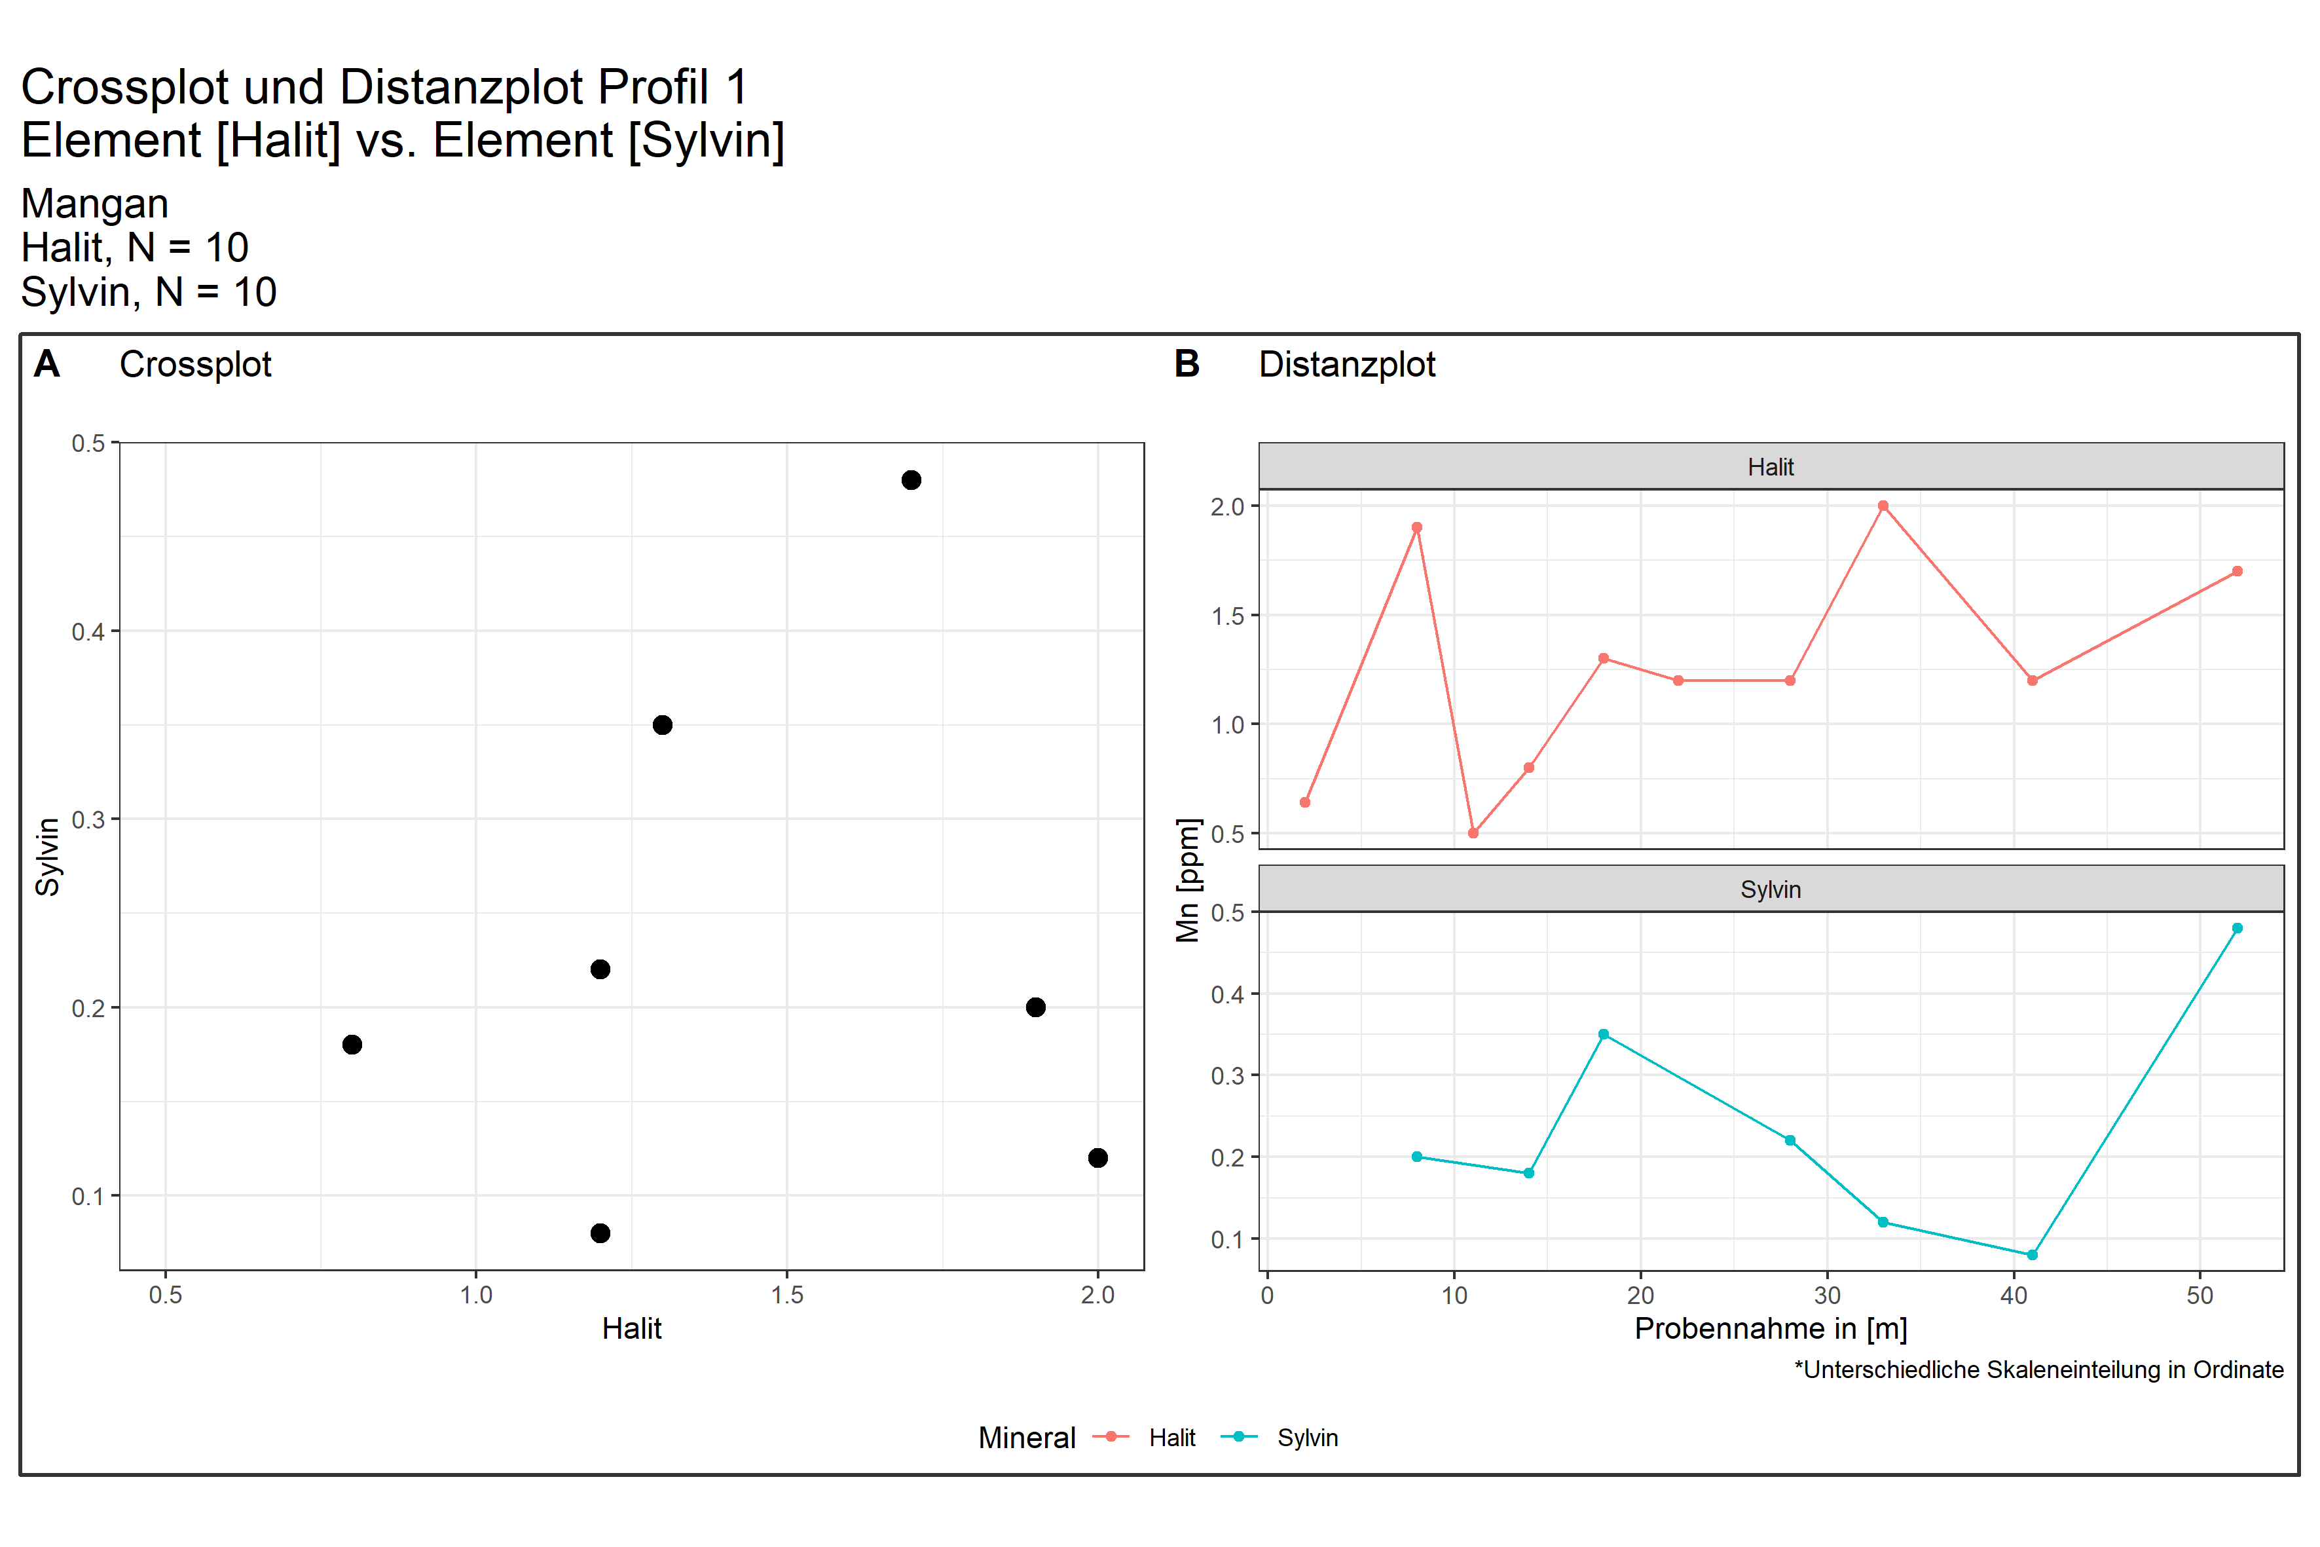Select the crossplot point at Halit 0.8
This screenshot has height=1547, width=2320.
pyautogui.click(x=352, y=1045)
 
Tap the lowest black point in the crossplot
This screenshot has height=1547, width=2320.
pyautogui.click(x=600, y=1233)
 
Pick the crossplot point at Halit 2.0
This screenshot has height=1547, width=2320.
pyautogui.click(x=1098, y=1158)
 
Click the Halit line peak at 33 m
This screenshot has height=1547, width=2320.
pyautogui.click(x=1883, y=506)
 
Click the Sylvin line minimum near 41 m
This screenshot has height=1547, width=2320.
pyautogui.click(x=2032, y=1255)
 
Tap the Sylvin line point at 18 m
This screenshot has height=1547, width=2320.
pyautogui.click(x=1603, y=1035)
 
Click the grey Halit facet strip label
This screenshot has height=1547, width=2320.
pyautogui.click(x=1771, y=467)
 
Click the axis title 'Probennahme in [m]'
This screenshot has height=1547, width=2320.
pyautogui.click(x=1771, y=1329)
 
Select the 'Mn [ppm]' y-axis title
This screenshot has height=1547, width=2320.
pyautogui.click(x=1188, y=880)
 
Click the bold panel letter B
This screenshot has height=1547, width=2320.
pyautogui.click(x=1187, y=364)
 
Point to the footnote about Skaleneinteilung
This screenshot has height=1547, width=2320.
pyautogui.click(x=2038, y=1370)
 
